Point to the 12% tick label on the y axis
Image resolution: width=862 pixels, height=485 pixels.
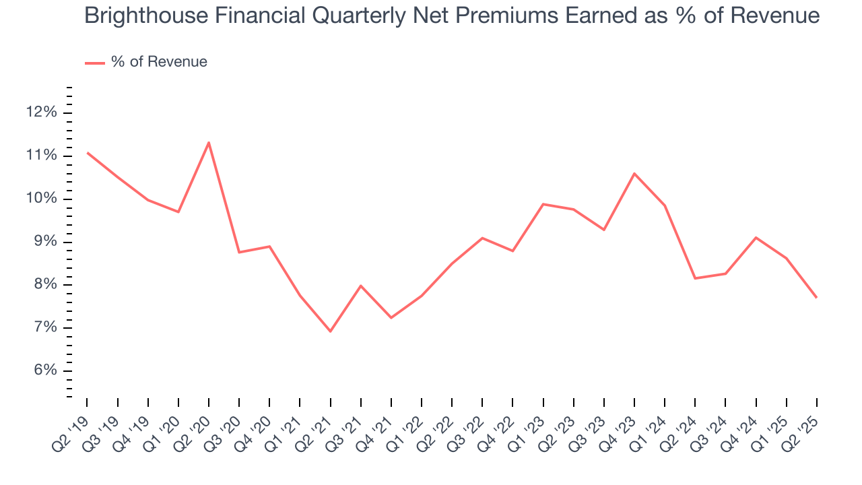click(x=41, y=112)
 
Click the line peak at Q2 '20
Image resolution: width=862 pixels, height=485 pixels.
click(x=209, y=142)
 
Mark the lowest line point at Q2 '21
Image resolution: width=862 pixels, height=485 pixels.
click(x=331, y=331)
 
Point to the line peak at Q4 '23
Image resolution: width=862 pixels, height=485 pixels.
click(x=634, y=174)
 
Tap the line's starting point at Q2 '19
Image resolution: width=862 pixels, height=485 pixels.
click(x=88, y=153)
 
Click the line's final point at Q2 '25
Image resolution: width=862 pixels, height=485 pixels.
click(x=817, y=298)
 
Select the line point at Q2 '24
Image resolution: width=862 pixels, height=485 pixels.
click(x=695, y=278)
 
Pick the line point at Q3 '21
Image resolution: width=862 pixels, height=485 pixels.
click(x=361, y=286)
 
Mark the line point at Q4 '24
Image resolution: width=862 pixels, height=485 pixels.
click(x=756, y=237)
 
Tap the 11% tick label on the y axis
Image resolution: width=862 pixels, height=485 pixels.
click(x=41, y=156)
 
